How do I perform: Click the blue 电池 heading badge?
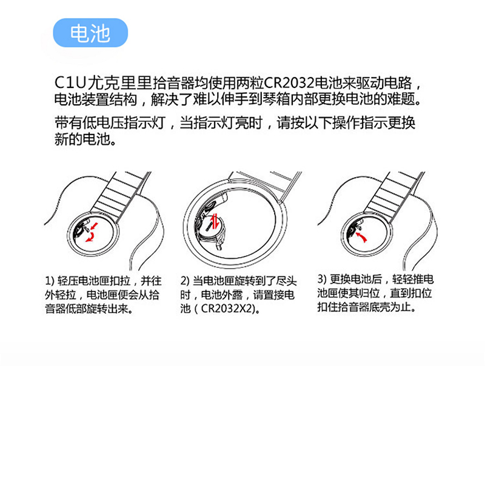tap(90, 33)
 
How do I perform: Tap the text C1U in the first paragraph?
tap(70, 83)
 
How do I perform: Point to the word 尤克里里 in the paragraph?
tap(119, 83)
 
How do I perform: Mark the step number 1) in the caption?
tap(50, 281)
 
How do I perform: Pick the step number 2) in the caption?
tap(185, 281)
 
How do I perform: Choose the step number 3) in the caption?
tap(322, 279)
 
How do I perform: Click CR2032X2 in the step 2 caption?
tap(226, 309)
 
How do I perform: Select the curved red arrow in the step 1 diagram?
tap(90, 236)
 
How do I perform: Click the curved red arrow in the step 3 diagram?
tap(361, 237)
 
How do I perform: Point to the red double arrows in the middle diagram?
tap(215, 219)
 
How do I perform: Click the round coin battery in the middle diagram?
tap(214, 224)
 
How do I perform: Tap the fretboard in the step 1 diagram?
tap(122, 194)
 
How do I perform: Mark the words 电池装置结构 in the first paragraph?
tap(96, 99)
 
